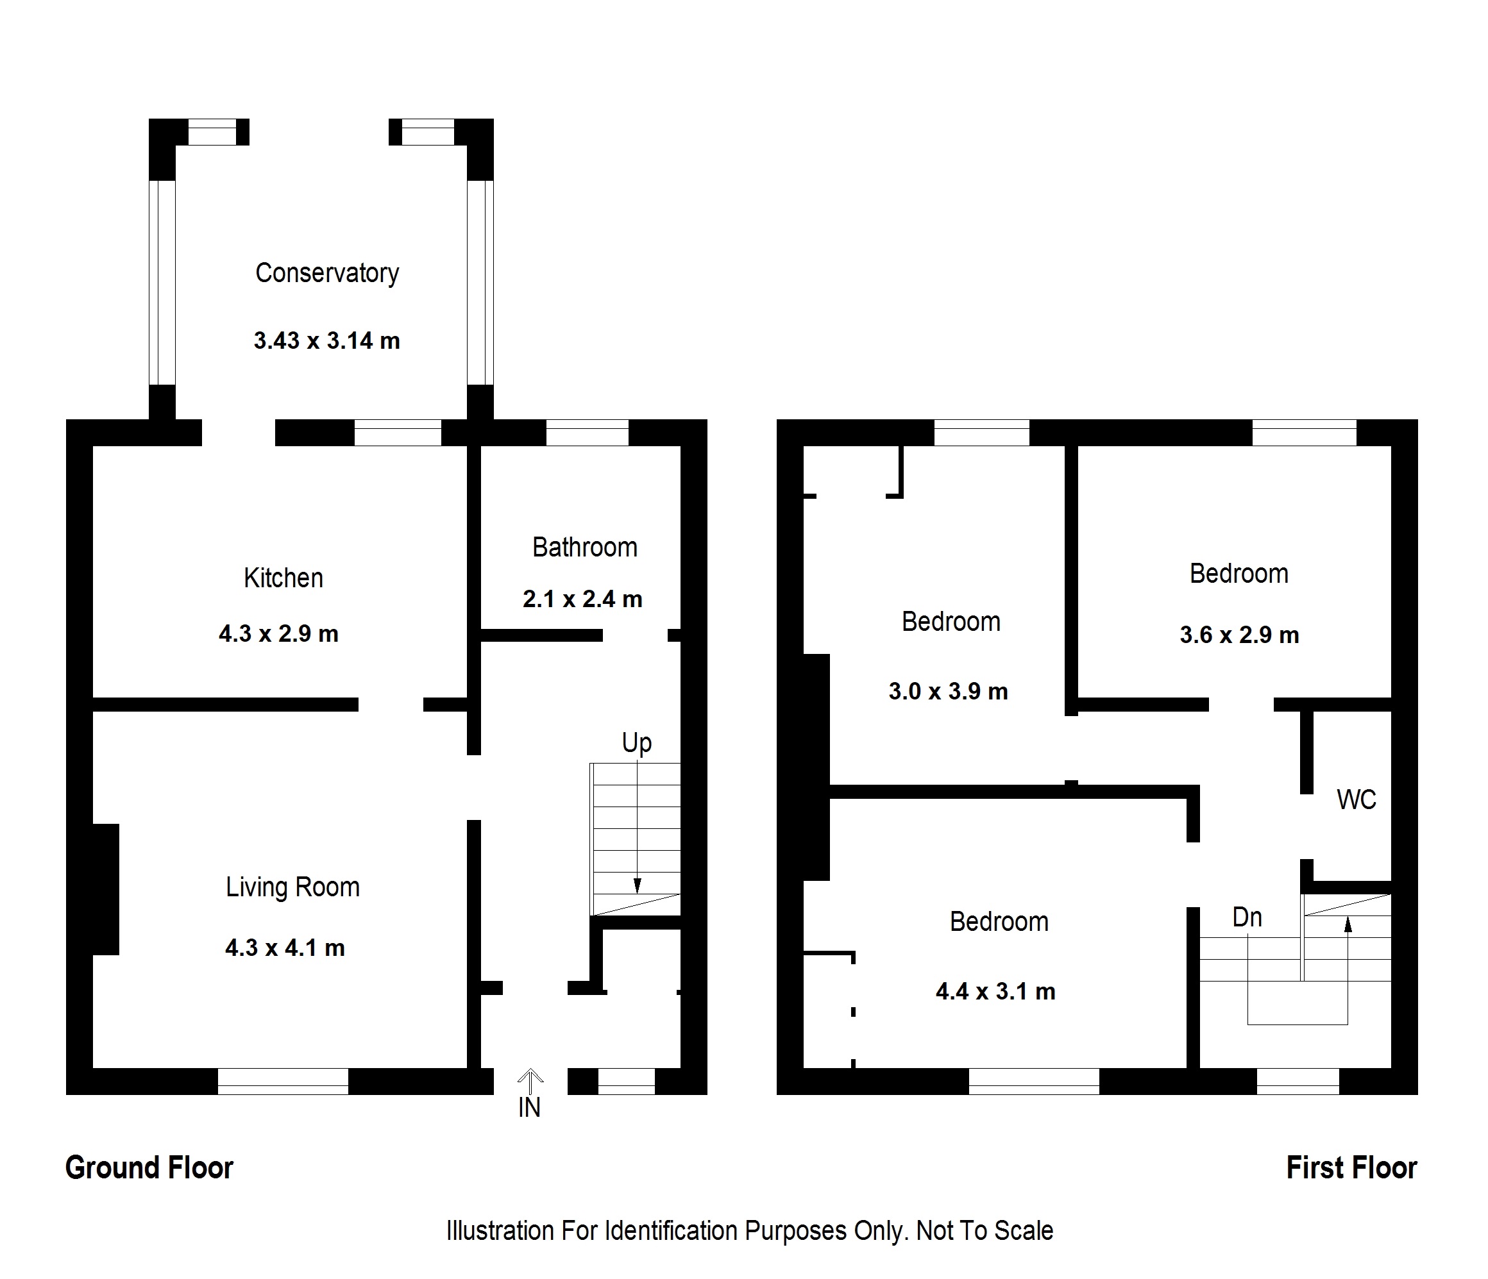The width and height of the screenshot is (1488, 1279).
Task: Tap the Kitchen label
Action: coord(283,578)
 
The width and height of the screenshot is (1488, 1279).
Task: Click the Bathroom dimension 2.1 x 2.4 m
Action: coord(582,599)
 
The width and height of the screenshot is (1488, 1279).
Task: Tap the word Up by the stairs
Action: coord(636,743)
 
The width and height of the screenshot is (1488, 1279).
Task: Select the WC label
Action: coord(1356,799)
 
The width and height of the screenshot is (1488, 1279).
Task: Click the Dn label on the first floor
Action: coord(1247,917)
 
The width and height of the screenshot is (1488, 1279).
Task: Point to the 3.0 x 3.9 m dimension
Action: coord(948,691)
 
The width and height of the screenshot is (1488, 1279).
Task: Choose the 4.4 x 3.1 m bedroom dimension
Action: coord(995,991)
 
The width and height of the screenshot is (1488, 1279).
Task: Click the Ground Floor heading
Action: coord(149,1167)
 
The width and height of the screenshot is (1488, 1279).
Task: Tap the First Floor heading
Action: coord(1351,1167)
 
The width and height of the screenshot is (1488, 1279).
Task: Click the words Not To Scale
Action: coord(984,1231)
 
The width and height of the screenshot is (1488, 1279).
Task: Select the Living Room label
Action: coord(292,887)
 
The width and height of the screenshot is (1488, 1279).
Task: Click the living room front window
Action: coord(283,1081)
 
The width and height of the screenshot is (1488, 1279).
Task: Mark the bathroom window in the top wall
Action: coord(587,433)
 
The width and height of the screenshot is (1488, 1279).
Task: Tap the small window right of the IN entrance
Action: coord(626,1081)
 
